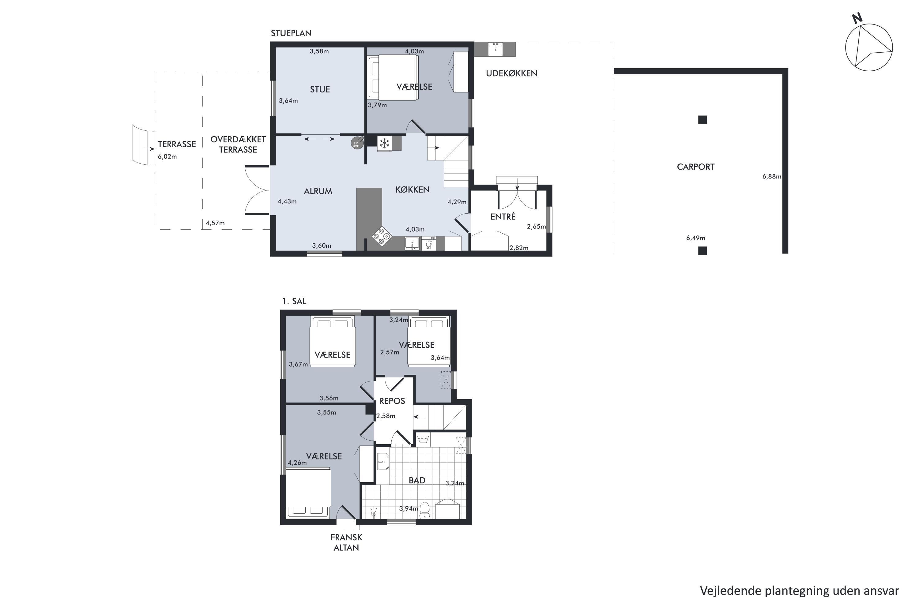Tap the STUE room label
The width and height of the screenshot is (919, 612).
(320, 89)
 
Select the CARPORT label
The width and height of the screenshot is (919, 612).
(695, 167)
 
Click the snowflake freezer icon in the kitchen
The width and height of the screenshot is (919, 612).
(385, 143)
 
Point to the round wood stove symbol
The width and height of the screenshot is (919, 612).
(357, 142)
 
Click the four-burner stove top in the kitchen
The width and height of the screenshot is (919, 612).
(382, 236)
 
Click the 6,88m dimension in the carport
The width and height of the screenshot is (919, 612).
(771, 176)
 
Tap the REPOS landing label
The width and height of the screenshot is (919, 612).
(392, 401)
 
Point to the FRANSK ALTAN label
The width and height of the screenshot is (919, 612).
(346, 542)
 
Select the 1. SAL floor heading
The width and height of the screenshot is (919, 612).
(294, 301)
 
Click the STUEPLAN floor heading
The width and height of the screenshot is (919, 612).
(291, 33)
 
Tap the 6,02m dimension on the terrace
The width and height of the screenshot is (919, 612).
(167, 156)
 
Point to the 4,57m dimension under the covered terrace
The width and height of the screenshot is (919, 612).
(215, 223)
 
